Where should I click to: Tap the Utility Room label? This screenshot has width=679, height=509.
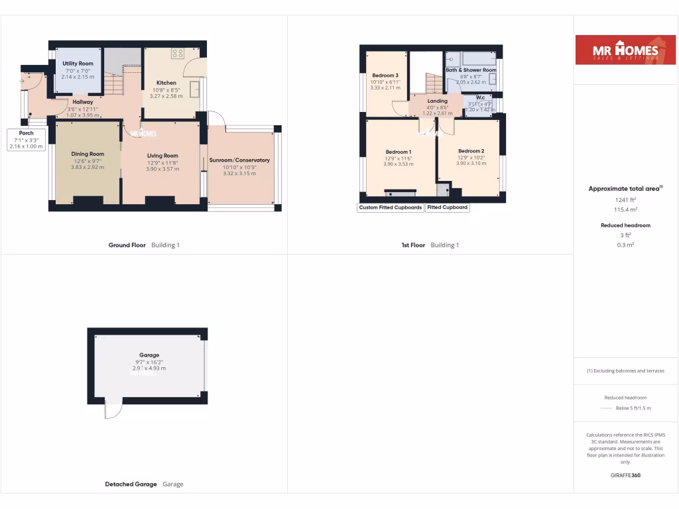(x=78, y=64)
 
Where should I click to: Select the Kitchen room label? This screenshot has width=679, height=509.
(x=166, y=83)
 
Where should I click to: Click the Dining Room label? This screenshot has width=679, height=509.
(x=88, y=154)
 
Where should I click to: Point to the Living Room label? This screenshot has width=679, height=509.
(x=162, y=156)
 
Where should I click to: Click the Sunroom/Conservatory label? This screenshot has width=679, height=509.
(x=239, y=160)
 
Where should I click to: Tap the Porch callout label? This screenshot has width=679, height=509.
(x=26, y=133)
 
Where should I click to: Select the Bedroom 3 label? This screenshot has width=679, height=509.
(x=385, y=76)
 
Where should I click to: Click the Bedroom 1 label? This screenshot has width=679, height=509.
(x=399, y=152)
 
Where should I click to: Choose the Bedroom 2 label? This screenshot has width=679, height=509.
(x=471, y=151)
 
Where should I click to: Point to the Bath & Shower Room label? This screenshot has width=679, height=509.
(x=471, y=70)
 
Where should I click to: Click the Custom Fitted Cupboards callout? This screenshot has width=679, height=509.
(x=391, y=207)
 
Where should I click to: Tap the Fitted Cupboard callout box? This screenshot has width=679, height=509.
(x=448, y=207)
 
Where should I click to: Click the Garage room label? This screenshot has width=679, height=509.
(x=149, y=355)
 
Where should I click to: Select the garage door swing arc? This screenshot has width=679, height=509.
(x=113, y=412)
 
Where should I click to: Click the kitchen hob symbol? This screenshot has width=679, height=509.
(x=177, y=54)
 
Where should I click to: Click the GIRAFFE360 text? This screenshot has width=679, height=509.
(x=625, y=475)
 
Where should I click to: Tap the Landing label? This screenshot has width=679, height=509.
(x=437, y=101)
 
